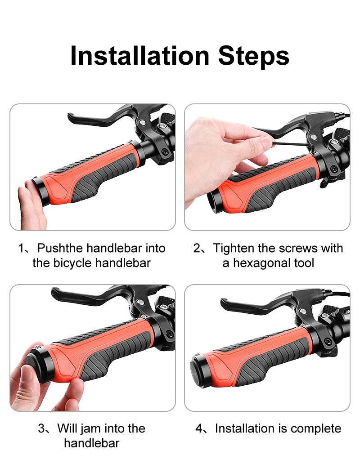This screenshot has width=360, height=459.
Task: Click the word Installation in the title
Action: point(140,56)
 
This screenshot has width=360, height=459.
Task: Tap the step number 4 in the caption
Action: point(199,428)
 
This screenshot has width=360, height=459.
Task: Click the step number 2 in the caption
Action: point(197,248)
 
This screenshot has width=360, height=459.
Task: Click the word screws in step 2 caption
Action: point(298,248)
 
